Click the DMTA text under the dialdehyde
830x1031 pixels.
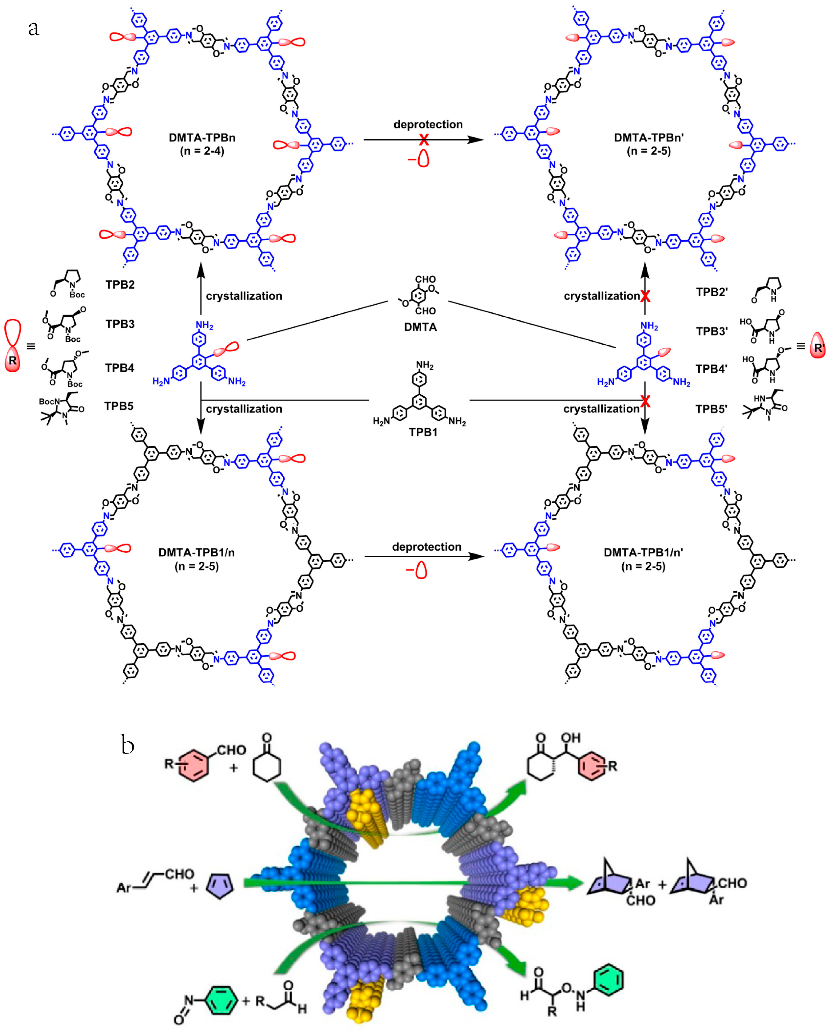click(420, 327)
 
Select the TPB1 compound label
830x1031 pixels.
click(423, 432)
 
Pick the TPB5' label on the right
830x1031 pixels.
click(711, 409)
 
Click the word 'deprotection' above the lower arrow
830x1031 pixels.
click(427, 547)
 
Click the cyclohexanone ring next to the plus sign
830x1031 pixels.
click(267, 764)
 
